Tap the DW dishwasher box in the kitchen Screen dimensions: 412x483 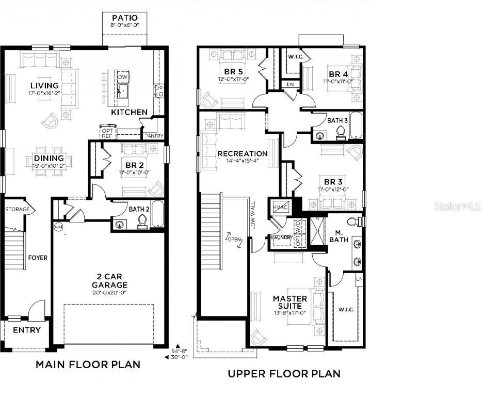click(122, 77)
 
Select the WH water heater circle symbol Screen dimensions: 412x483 click(57, 226)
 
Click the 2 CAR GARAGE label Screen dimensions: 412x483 click(109, 281)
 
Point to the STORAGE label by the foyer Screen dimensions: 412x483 click(17, 210)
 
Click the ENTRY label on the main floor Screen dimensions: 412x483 click(27, 330)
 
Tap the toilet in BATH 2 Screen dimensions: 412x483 click(142, 221)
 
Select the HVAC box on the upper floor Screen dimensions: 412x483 click(281, 206)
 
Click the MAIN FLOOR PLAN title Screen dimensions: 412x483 click(88, 365)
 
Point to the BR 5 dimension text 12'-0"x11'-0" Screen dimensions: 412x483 click(234, 80)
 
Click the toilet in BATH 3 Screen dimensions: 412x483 click(340, 133)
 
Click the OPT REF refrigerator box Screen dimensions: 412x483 click(107, 133)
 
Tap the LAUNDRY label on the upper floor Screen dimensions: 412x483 click(282, 238)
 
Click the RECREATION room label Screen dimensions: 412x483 click(242, 153)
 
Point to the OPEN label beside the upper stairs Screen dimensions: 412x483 click(234, 239)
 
